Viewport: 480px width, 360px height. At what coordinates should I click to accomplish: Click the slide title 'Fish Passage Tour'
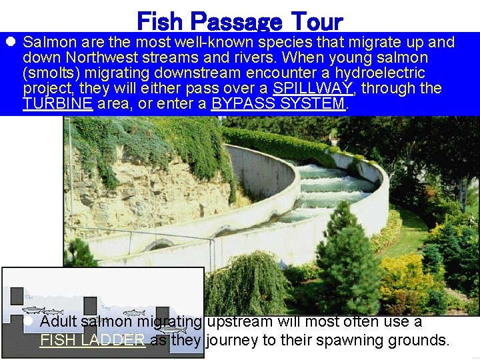tap(239, 21)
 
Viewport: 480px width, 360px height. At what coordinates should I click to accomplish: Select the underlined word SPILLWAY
tap(308, 88)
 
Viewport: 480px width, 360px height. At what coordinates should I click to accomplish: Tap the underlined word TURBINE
tap(57, 103)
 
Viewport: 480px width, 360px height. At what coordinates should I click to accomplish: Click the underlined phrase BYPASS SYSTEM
tap(279, 103)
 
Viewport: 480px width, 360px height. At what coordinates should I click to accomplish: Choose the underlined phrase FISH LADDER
tap(93, 339)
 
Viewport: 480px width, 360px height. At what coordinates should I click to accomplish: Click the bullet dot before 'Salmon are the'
tap(11, 42)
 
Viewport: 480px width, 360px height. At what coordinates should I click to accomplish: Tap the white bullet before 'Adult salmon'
tap(28, 321)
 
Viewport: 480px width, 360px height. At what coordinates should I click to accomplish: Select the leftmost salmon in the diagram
tap(34, 311)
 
